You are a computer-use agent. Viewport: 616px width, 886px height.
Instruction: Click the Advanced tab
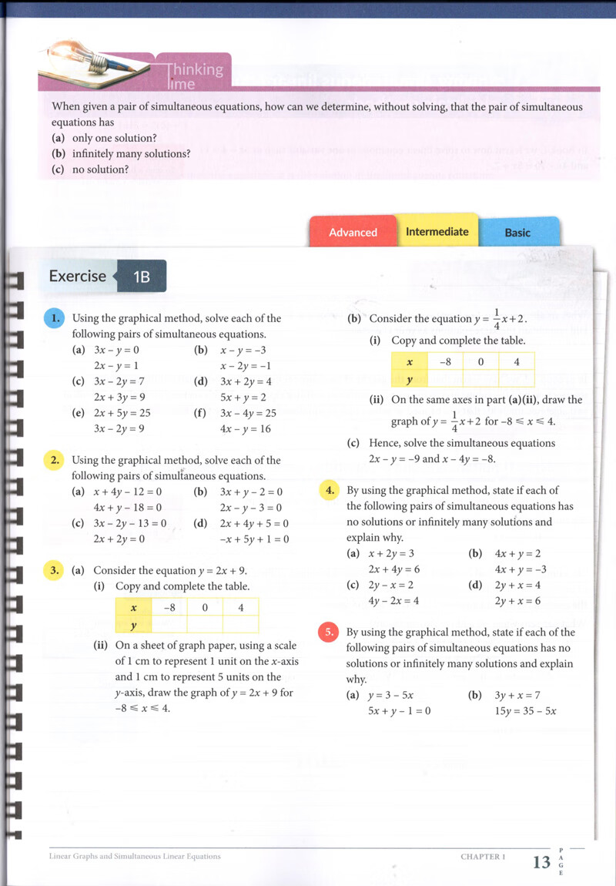coord(353,232)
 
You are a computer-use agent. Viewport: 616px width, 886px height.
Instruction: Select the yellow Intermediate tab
coord(437,231)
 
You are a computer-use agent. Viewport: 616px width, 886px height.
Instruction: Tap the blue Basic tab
coord(517,232)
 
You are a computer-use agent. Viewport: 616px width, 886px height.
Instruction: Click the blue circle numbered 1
coord(53,317)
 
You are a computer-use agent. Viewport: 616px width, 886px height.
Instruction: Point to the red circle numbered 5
coord(328,633)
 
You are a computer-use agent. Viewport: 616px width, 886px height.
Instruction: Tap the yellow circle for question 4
coord(328,490)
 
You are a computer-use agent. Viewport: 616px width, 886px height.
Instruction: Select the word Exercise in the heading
coord(77,276)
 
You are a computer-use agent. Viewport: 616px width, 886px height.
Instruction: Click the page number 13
coord(541,861)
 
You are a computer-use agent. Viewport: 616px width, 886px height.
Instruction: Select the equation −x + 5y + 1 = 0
coord(254,539)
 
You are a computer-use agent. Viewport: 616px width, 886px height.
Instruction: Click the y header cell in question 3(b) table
coord(410,379)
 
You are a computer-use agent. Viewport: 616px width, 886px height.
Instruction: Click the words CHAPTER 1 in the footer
coord(482,856)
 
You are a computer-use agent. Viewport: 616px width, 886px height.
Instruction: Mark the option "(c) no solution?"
coord(90,169)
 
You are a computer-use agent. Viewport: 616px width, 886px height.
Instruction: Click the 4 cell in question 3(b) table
coord(516,361)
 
